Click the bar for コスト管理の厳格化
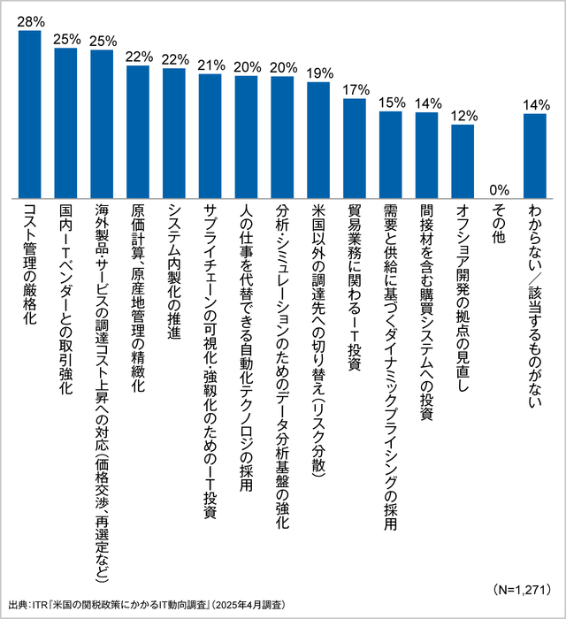pyautogui.click(x=30, y=114)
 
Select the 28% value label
pyautogui.click(x=30, y=19)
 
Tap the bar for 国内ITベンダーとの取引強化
pyautogui.click(x=66, y=123)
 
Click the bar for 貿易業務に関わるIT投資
pyautogui.click(x=355, y=148)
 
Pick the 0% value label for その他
pyautogui.click(x=499, y=187)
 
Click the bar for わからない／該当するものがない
pyautogui.click(x=535, y=155)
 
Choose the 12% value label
pyautogui.click(x=463, y=115)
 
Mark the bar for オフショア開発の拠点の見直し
pyautogui.click(x=463, y=161)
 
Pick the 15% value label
pyautogui.click(x=390, y=102)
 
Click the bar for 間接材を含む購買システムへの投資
pyautogui.click(x=426, y=155)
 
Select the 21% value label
pyautogui.click(x=210, y=65)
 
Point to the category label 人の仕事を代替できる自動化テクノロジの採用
pyautogui.click(x=247, y=349)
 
